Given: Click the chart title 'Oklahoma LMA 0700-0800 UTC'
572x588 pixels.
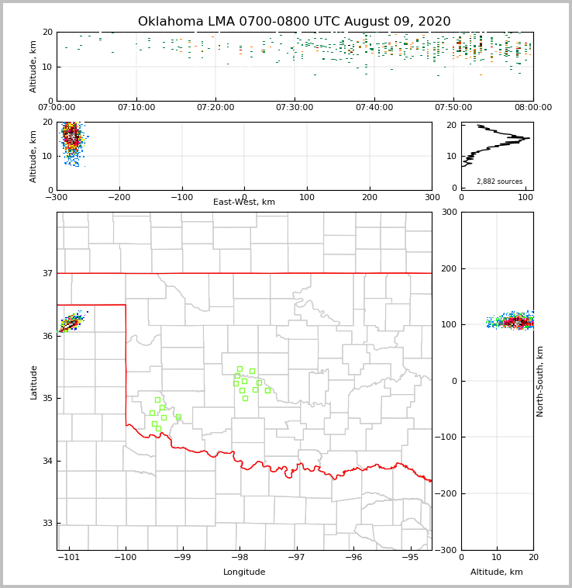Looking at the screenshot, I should coord(294,22).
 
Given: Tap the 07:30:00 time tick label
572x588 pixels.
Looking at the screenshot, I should coord(295,108).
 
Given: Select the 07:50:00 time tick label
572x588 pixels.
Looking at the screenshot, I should coord(453,108).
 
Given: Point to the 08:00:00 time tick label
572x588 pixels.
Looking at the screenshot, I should coord(533,108).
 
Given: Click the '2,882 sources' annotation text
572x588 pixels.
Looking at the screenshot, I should coord(499,182).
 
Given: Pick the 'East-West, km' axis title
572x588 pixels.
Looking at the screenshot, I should coord(244,202).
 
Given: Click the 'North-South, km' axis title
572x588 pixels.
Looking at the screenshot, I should coord(540,381).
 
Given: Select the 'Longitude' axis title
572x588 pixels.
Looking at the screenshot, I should coord(244,572).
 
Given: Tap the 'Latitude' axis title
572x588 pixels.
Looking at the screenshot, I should coord(34,382).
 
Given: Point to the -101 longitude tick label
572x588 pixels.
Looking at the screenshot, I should coord(68,558).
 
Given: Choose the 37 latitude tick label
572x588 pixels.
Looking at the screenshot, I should coord(47,274).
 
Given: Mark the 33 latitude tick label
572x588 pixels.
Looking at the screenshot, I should coord(47,524).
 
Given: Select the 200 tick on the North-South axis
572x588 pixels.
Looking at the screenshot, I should coord(446,268).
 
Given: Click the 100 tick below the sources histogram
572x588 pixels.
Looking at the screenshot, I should coord(525,198).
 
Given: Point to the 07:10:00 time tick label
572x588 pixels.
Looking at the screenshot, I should coord(136,108).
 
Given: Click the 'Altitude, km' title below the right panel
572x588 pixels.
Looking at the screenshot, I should coord(497,572).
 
